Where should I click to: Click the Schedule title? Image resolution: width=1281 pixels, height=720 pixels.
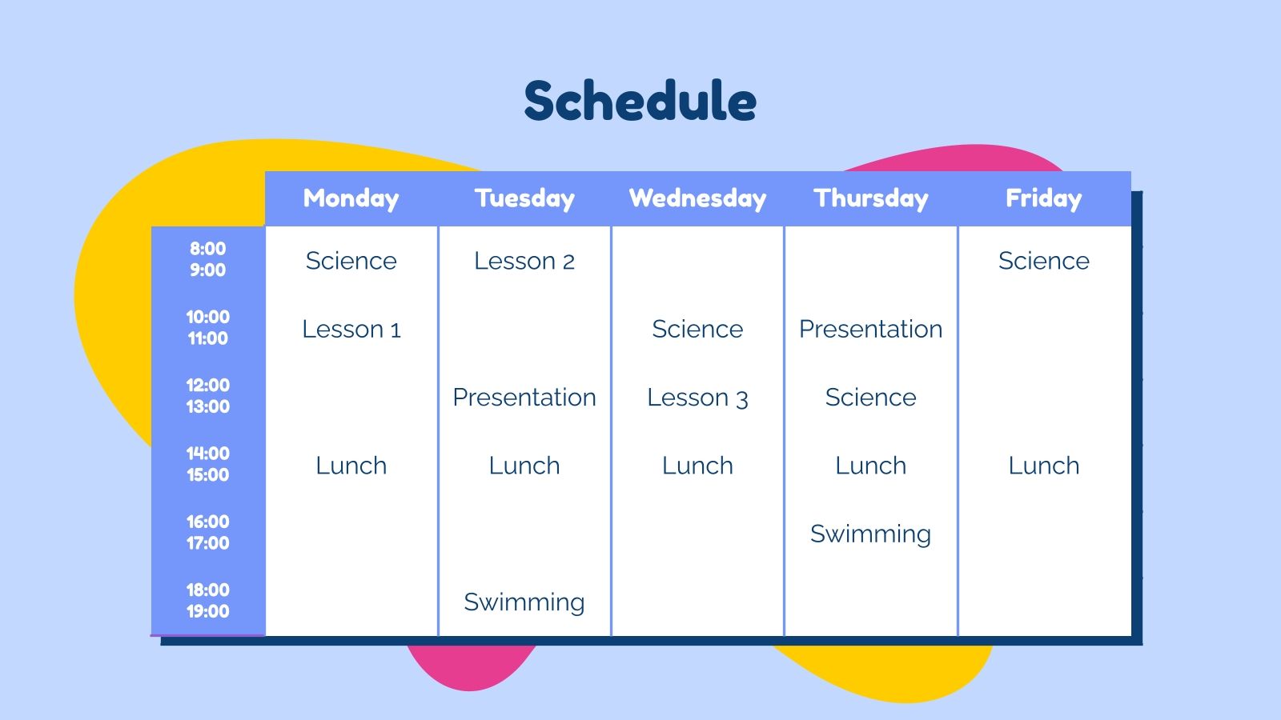point(640,101)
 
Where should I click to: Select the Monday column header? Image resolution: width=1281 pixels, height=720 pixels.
point(351,198)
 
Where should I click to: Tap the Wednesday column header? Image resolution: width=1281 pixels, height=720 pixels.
point(697,198)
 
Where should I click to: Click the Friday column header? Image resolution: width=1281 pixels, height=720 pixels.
point(1043,198)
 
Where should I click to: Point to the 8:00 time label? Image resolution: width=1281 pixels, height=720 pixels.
point(207,249)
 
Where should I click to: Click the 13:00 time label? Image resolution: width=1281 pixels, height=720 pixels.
point(207,406)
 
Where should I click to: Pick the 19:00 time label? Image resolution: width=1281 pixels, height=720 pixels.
point(207,611)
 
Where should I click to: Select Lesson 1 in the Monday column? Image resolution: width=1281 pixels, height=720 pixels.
point(351,329)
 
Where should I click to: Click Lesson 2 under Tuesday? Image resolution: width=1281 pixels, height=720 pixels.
point(524,261)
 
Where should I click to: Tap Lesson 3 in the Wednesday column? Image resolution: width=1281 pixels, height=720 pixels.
point(697,398)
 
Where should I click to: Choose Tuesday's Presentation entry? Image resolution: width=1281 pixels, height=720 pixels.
point(524,398)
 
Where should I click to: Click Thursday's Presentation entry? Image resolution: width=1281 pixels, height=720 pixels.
point(870,329)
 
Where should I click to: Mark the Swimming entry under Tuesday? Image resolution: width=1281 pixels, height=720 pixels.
point(524,602)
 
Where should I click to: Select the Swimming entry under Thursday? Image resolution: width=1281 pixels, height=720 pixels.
point(870,534)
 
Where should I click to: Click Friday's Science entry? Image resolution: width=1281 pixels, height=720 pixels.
point(1043,261)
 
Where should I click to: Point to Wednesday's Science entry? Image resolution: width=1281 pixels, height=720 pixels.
point(697,329)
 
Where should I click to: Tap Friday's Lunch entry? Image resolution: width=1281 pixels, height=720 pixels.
point(1043,466)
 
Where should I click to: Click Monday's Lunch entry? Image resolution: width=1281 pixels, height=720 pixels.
point(351,466)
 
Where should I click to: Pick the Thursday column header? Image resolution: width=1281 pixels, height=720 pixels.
point(870,198)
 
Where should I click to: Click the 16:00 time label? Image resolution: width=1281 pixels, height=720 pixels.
point(207,522)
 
